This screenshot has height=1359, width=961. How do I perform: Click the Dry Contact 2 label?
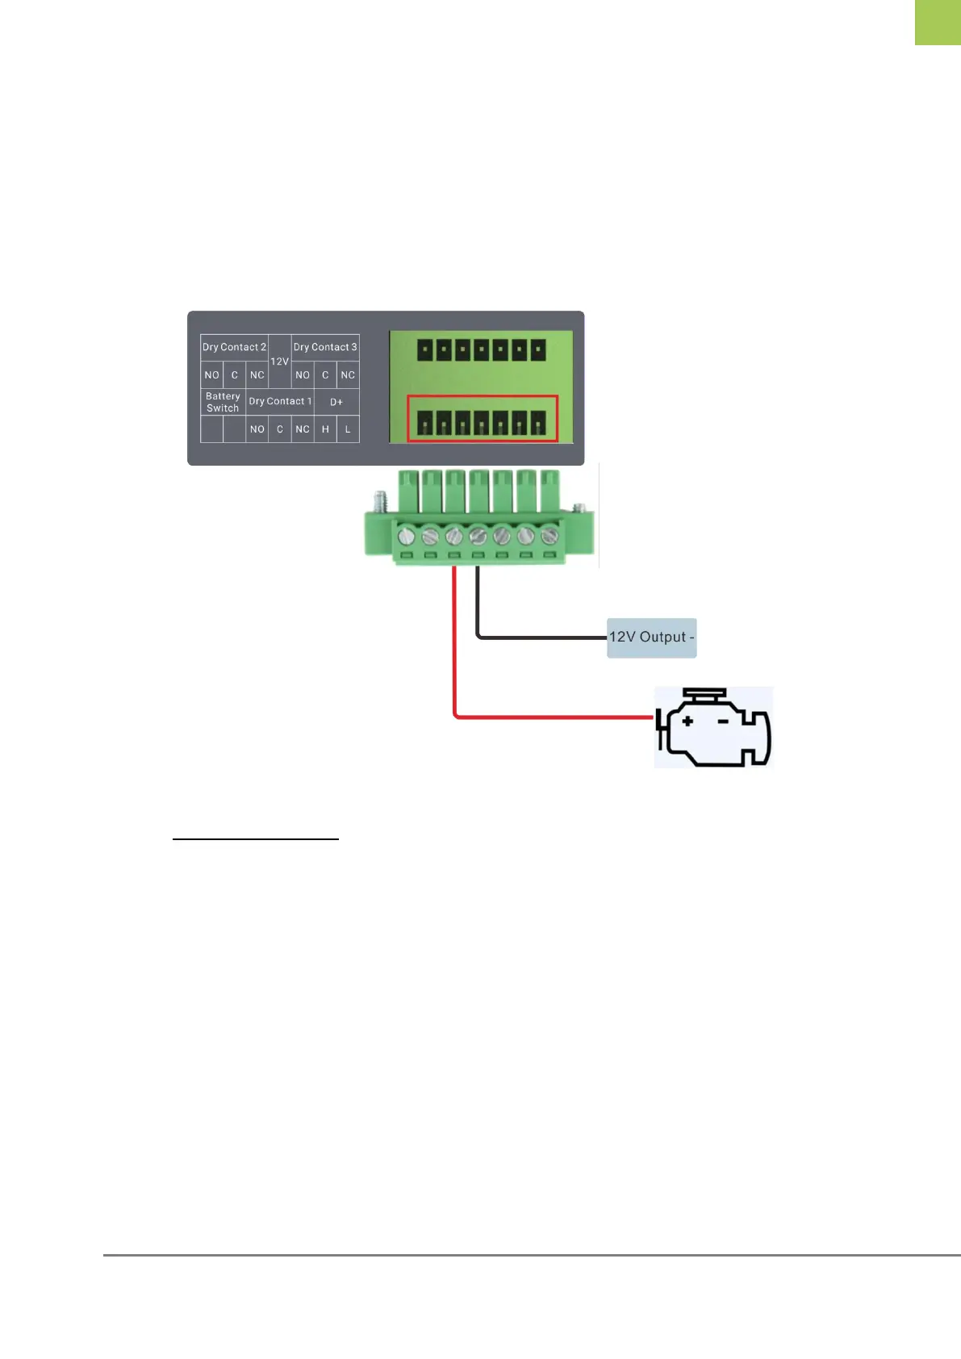(234, 347)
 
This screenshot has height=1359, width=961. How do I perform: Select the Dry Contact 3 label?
(325, 347)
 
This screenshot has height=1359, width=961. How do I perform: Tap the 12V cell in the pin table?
(279, 361)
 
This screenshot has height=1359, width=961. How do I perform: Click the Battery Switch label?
(223, 402)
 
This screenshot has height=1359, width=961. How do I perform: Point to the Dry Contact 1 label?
(280, 401)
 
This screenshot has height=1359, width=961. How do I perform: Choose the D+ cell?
(336, 402)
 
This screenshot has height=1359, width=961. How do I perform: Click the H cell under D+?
(325, 429)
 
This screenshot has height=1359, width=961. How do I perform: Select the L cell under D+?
(348, 429)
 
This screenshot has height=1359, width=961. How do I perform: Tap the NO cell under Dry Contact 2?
(211, 374)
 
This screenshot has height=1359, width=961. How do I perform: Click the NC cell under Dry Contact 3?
(348, 374)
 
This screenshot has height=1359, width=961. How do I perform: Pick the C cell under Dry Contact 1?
(280, 429)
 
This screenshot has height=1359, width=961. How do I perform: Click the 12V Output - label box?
(651, 638)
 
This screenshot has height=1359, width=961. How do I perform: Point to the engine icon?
(713, 727)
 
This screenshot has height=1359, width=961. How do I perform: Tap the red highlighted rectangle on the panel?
(482, 419)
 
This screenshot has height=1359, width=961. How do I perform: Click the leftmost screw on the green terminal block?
(407, 535)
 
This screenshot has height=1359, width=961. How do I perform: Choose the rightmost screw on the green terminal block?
(549, 535)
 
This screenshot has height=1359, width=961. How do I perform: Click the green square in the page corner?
(938, 22)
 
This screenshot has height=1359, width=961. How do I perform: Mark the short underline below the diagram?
(256, 839)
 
